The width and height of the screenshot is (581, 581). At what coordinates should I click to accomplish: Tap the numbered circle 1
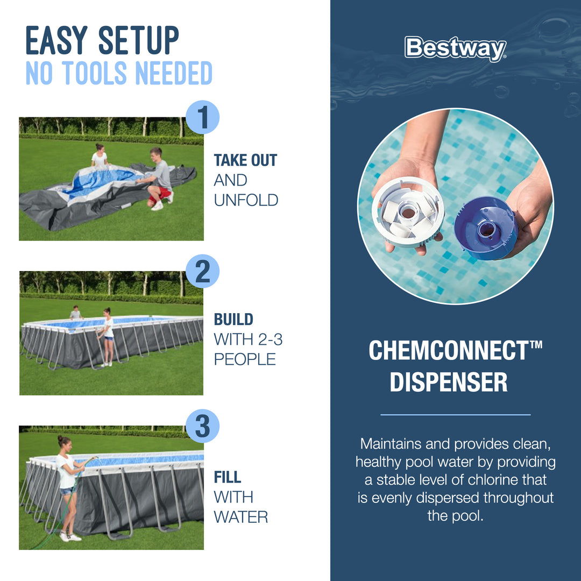202,118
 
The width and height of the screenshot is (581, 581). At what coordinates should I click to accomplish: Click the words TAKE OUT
245,160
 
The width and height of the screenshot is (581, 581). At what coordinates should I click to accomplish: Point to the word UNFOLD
246,200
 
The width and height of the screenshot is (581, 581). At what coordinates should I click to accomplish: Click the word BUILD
233,319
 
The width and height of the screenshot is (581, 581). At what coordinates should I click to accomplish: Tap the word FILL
228,477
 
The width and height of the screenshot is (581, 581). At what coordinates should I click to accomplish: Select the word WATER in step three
240,517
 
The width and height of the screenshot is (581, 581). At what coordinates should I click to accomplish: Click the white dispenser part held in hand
407,212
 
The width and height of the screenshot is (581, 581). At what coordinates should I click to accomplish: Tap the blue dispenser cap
485,228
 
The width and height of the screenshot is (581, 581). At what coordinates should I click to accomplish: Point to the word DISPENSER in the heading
449,382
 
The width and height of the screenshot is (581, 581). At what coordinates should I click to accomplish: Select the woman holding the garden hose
68,484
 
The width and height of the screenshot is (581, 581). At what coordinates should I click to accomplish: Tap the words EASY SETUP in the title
102,41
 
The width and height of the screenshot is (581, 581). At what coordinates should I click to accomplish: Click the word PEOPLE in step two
245,359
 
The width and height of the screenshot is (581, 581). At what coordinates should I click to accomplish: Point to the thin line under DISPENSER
455,415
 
